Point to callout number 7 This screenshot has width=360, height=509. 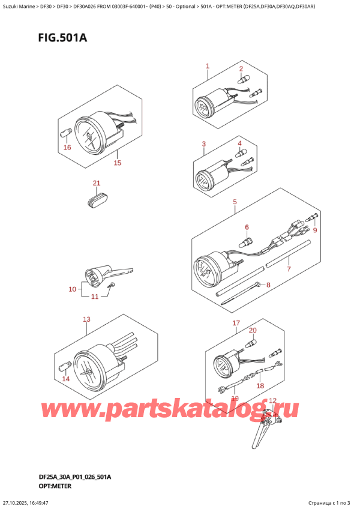coord(289,269)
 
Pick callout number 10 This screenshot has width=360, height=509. coord(73,290)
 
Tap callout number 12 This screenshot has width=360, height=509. coord(272,401)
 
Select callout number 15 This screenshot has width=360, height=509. coord(118,163)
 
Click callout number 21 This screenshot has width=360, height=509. coord(97,183)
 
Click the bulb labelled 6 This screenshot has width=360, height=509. coord(246,243)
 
